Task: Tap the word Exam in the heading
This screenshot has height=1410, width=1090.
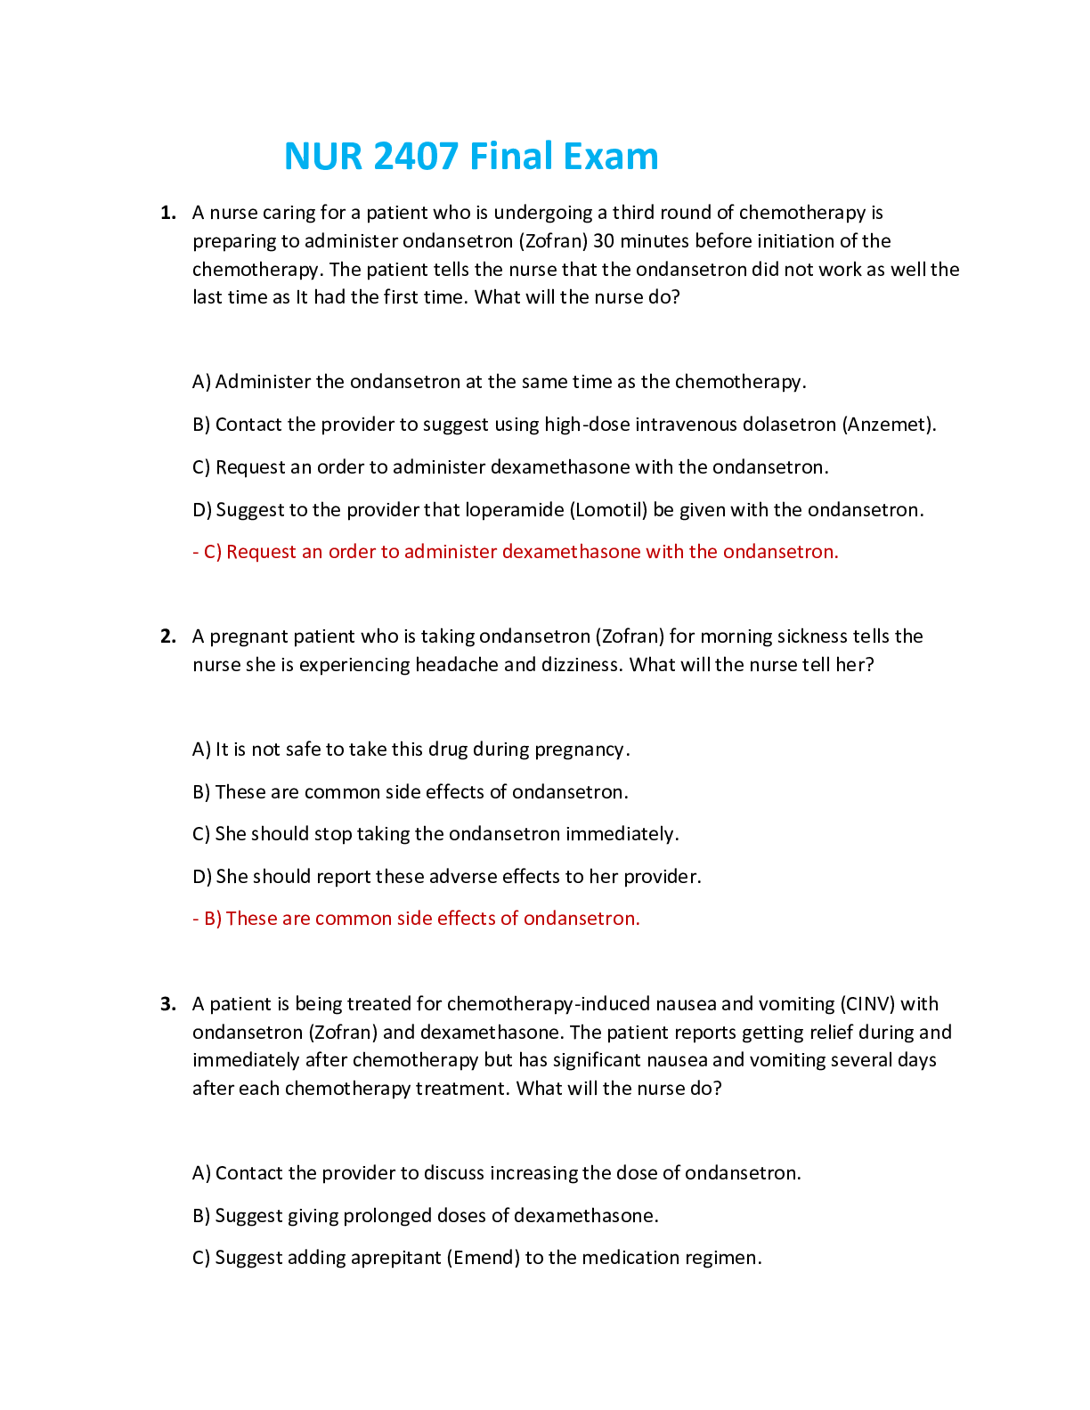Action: [x=611, y=157]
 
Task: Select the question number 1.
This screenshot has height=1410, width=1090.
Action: [x=167, y=213]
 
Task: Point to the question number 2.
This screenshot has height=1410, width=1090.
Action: [x=167, y=636]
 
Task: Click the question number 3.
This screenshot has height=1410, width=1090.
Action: [x=167, y=1004]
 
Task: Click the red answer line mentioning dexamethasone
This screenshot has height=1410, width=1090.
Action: [x=516, y=552]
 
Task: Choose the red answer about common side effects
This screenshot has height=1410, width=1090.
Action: [x=416, y=919]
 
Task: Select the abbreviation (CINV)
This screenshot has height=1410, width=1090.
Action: [x=867, y=1004]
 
